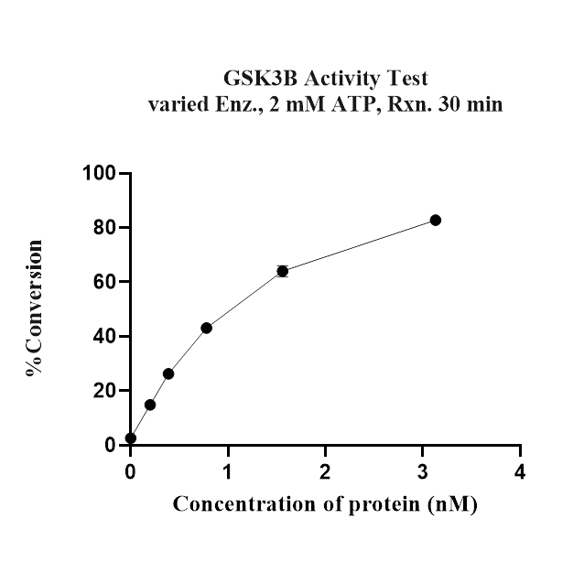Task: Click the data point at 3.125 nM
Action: [435, 220]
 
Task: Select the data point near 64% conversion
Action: [283, 271]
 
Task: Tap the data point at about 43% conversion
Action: [207, 328]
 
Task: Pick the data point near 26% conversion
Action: [168, 373]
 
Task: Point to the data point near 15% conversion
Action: [150, 405]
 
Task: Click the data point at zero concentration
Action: [131, 438]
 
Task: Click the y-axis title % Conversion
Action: [35, 308]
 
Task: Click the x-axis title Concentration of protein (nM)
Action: [325, 504]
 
